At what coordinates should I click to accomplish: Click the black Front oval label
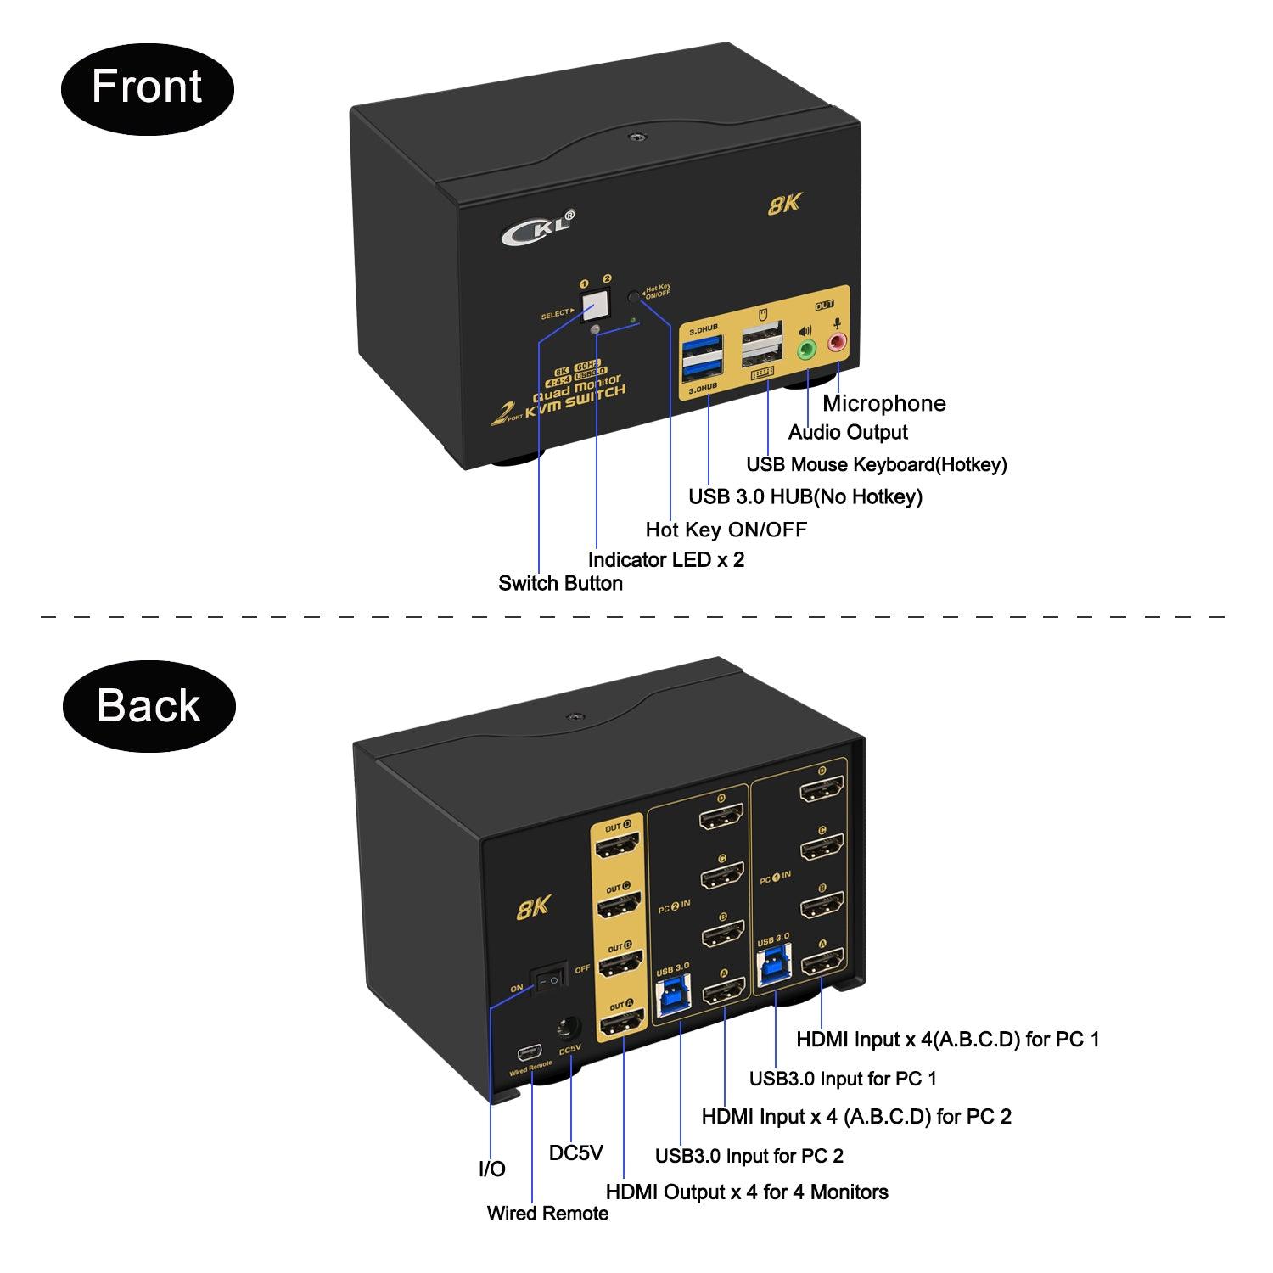147,88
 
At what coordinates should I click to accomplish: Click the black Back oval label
149,706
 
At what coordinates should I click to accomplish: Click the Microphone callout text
883,403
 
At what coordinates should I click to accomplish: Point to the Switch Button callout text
560,583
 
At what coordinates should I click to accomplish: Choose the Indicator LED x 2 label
666,559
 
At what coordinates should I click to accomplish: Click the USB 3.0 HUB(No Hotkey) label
805,496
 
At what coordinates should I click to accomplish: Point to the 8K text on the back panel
534,907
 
